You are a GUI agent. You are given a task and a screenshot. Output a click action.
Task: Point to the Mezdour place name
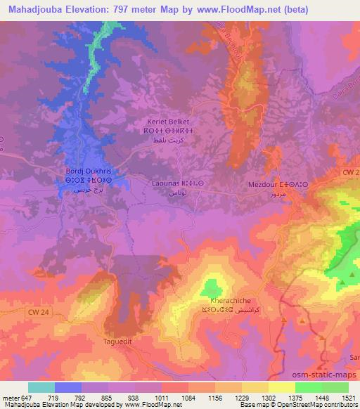(264, 184)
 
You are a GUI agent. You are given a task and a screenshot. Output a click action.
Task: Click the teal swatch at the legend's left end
(41, 387)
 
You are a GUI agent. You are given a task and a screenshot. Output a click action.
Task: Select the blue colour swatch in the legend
(67, 387)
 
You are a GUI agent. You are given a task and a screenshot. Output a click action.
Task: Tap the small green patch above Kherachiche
(210, 287)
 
